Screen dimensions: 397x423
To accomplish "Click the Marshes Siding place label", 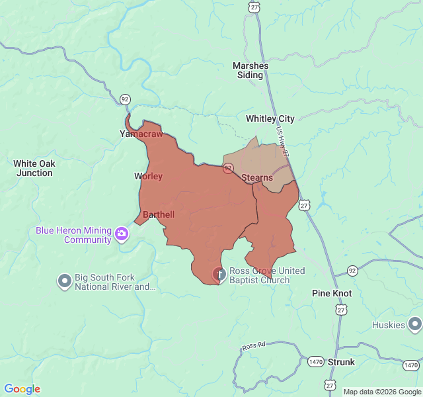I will coord(250,70).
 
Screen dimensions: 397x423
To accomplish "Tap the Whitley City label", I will coord(270,118).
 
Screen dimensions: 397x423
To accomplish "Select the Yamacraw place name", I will coord(141,134).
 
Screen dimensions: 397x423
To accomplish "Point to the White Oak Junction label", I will coord(34,168).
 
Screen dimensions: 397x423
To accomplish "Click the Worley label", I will coord(148,176).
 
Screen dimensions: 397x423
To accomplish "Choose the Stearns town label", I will coord(257,177).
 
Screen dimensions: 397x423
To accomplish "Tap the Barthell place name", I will coord(159,215).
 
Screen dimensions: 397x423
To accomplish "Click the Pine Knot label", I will coord(332,293).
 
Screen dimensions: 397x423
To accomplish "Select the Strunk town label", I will coord(341,362).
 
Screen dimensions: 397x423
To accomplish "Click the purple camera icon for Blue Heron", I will coord(122,234).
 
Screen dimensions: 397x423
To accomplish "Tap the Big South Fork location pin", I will coord(64,281).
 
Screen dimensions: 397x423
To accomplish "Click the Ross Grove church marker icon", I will coord(219,273).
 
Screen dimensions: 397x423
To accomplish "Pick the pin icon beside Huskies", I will coord(414,324).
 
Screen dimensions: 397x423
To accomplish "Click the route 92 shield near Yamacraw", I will coord(125,99).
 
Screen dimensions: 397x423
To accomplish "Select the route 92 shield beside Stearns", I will coord(228,169).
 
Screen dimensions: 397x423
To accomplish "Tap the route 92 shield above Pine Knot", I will coord(352,271).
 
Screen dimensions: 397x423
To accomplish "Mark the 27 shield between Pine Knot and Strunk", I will coord(341,310).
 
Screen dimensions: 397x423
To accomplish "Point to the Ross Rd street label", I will coord(253,346).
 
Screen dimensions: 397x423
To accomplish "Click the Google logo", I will coord(22,389).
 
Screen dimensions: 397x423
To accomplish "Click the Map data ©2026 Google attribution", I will coord(381,392).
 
